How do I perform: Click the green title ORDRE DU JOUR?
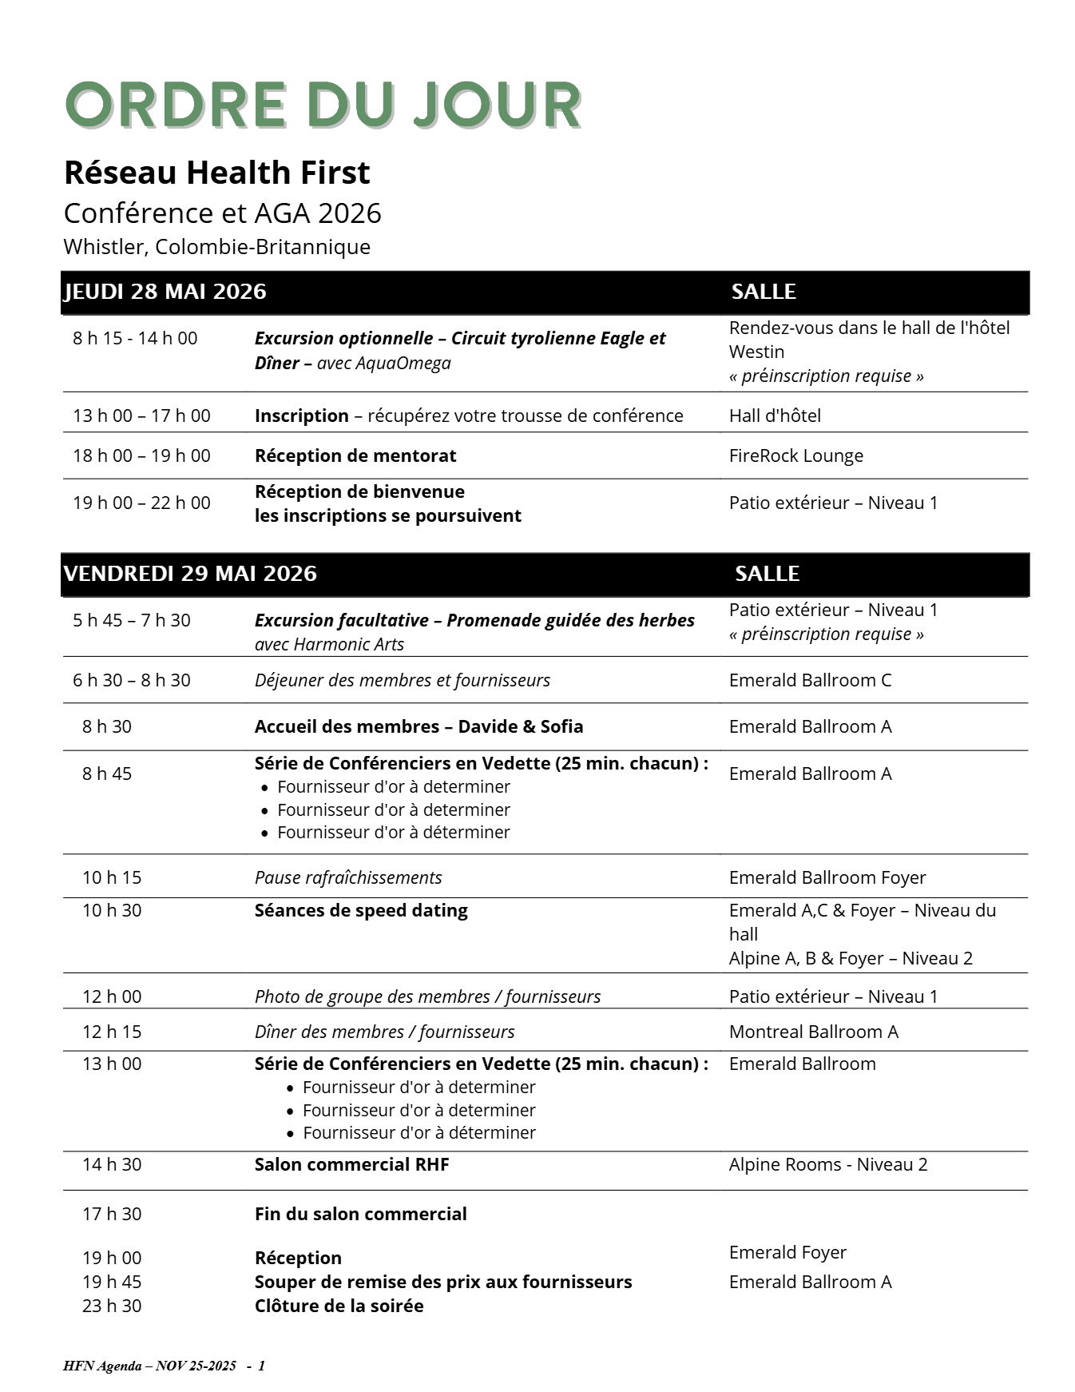(322, 105)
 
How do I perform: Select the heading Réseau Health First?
(216, 173)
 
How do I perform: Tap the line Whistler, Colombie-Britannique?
(216, 246)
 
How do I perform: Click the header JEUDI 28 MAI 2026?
(165, 292)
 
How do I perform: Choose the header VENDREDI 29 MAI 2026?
(190, 574)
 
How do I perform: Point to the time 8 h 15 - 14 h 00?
(135, 338)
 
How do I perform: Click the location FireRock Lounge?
(795, 455)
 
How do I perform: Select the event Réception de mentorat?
(355, 455)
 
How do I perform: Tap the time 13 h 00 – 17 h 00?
(141, 416)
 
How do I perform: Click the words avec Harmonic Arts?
(329, 644)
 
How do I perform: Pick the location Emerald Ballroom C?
(810, 680)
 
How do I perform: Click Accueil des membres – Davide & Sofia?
(418, 726)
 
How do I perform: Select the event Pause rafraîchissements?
(348, 877)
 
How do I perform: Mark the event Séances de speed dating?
(361, 910)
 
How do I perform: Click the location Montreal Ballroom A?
(813, 1032)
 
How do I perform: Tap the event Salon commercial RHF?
(351, 1164)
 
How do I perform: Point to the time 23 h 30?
(112, 1306)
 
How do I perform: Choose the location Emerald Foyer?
(787, 1252)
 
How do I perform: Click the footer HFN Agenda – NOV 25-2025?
(149, 1366)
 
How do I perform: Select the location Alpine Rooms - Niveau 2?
(828, 1164)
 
